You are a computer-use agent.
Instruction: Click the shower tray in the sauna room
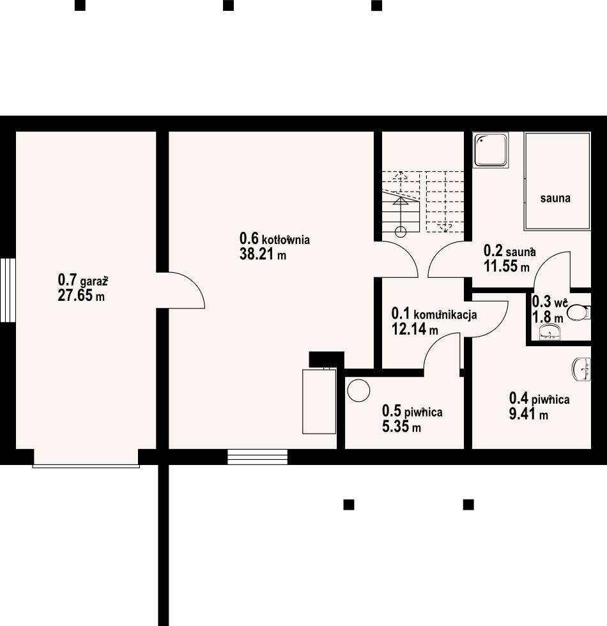(x=491, y=149)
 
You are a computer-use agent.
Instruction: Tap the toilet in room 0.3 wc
(x=579, y=312)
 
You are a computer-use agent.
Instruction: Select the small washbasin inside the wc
(x=550, y=332)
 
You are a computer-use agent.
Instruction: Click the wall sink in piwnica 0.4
(x=581, y=369)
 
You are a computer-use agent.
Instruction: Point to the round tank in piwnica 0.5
(x=358, y=390)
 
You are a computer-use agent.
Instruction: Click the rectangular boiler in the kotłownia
(x=319, y=401)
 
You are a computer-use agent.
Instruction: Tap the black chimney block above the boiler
(x=327, y=359)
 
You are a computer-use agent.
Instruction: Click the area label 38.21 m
(x=263, y=254)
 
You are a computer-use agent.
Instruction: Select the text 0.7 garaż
(x=83, y=280)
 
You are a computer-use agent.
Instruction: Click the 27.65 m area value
(x=81, y=296)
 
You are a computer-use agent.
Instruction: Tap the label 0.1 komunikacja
(x=434, y=314)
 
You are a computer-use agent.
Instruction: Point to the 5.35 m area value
(x=401, y=427)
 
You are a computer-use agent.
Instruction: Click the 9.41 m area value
(x=528, y=414)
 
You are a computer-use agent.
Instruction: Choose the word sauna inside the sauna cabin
(x=555, y=198)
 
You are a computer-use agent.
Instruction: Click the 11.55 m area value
(x=507, y=266)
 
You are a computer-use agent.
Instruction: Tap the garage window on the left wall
(x=8, y=290)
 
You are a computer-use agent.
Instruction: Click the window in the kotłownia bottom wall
(x=257, y=457)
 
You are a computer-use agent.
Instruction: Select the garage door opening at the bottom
(x=86, y=458)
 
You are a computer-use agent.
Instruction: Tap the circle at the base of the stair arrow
(x=401, y=231)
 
